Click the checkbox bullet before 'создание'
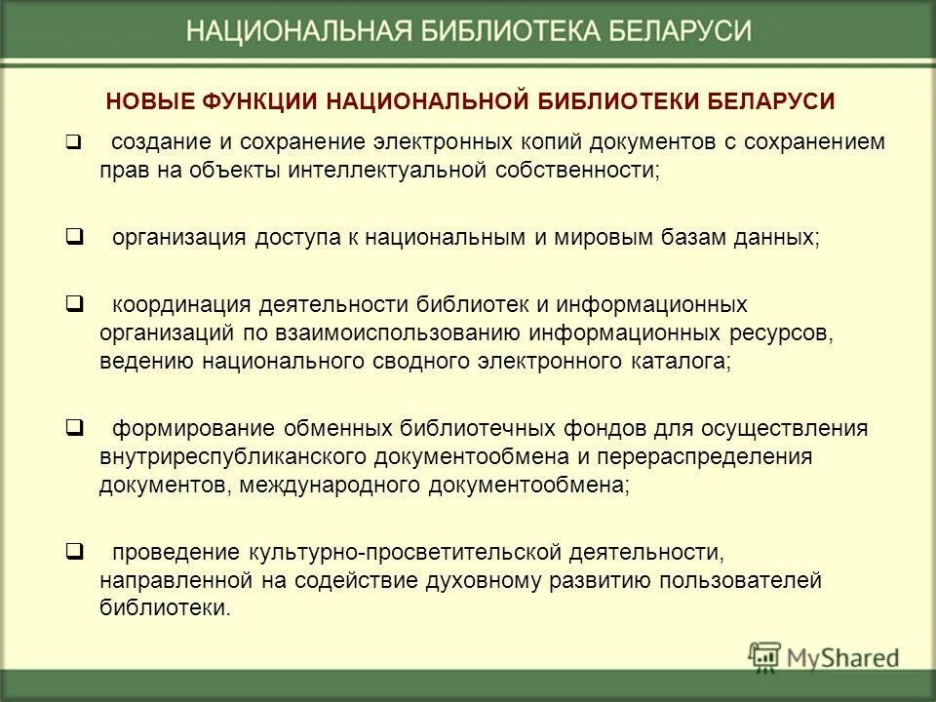click(x=73, y=142)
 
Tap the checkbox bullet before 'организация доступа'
click(x=73, y=237)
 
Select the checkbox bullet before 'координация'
click(x=73, y=304)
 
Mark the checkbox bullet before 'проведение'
click(x=73, y=553)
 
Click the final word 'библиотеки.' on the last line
click(x=166, y=608)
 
